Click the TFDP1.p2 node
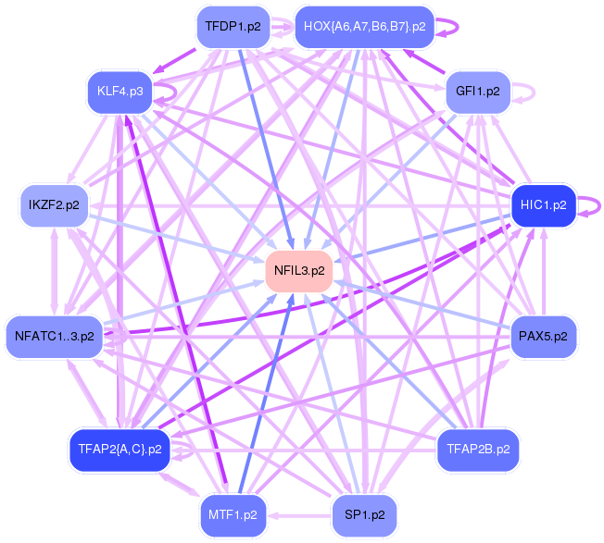(x=233, y=27)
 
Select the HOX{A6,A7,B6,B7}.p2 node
(x=364, y=27)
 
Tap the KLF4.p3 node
(x=120, y=91)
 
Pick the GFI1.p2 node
(x=477, y=91)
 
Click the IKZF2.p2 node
(x=54, y=204)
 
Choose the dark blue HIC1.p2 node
(x=544, y=204)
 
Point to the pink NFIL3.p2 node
(x=299, y=271)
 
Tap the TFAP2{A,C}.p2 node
(x=120, y=450)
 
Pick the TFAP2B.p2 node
(x=477, y=450)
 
